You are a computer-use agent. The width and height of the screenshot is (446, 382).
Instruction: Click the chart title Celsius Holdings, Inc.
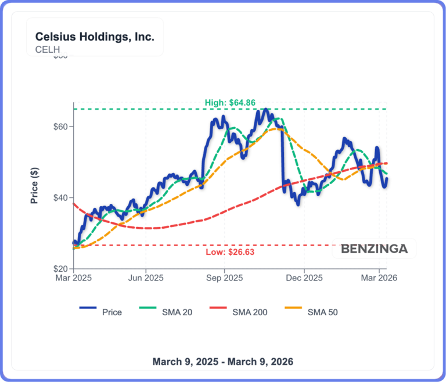point(95,37)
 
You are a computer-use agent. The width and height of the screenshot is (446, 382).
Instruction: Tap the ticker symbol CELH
point(48,49)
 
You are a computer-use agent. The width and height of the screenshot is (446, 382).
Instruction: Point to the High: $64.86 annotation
point(230,103)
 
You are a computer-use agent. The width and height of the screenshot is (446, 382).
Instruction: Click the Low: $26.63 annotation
point(230,252)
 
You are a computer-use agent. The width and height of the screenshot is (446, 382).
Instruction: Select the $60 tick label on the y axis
point(60,127)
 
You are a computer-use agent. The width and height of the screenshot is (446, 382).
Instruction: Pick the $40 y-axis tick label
point(60,198)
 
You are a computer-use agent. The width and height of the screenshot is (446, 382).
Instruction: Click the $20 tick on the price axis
point(60,269)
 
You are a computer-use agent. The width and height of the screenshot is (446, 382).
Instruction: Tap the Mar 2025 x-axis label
point(73,278)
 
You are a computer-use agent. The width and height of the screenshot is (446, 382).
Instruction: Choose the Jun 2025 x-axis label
point(146,278)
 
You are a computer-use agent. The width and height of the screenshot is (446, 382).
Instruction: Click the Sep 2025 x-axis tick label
point(224,278)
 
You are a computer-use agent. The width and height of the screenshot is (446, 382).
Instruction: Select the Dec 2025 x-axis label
point(304,278)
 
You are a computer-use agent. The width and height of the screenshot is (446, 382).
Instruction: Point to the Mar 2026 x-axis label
point(379,278)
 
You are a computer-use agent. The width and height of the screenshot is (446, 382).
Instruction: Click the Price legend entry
point(100,312)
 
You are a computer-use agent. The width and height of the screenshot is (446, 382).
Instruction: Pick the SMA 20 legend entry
point(166,312)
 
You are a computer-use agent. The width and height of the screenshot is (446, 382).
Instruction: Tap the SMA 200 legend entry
point(238,312)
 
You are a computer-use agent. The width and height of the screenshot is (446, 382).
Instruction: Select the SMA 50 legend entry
point(311,312)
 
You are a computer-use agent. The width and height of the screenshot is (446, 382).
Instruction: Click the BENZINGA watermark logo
point(375,249)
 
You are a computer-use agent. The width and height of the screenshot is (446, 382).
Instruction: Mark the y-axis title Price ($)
point(34,185)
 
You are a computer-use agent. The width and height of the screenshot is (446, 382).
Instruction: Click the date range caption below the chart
point(223,362)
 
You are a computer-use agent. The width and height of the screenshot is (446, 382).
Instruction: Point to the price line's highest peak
point(265,109)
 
